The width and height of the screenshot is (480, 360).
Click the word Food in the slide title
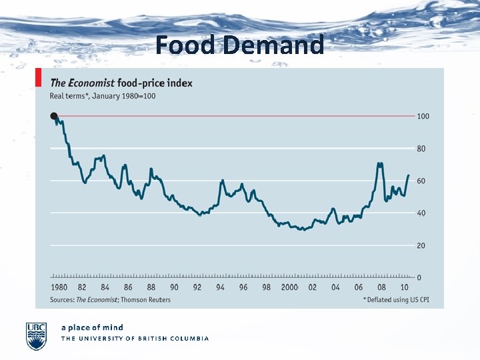coord(186,45)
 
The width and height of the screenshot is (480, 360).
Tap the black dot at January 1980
coord(53,116)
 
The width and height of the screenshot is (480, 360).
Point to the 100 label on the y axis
coord(423,117)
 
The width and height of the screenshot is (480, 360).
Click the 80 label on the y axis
coord(421,149)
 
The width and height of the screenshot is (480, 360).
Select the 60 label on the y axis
coord(421,181)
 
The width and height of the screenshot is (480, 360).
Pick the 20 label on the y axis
coord(421,246)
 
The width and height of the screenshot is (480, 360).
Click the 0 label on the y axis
coord(419,277)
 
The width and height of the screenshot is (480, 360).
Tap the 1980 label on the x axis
coord(59,287)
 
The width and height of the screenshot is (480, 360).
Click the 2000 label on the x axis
coord(289,287)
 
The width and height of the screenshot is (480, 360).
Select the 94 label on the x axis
coord(220,287)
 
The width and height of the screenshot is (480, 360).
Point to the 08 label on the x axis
coord(381,287)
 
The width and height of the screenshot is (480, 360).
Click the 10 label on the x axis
coord(404,287)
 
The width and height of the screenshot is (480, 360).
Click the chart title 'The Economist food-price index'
coord(121,83)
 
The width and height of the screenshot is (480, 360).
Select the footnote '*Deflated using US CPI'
coord(395,300)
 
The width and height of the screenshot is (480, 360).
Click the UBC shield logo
coord(36,335)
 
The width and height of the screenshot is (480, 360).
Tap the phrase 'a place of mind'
coord(92,327)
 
